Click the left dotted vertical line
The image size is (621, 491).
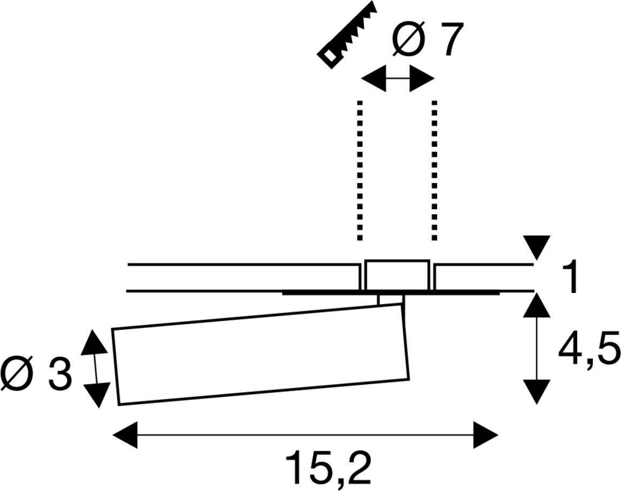pyautogui.click(x=359, y=170)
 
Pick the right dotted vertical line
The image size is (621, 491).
pyautogui.click(x=435, y=170)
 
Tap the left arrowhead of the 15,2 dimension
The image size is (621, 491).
pyautogui.click(x=125, y=435)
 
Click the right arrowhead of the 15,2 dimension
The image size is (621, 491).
pyautogui.click(x=485, y=435)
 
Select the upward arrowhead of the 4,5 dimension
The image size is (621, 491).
pyautogui.click(x=537, y=305)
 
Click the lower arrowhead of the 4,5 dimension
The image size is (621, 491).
pyautogui.click(x=537, y=392)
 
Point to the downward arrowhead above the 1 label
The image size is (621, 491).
pyautogui.click(x=537, y=247)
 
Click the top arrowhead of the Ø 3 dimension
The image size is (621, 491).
pyautogui.click(x=94, y=342)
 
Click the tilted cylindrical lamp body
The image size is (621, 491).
pyautogui.click(x=261, y=354)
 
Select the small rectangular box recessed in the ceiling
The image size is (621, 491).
pyautogui.click(x=397, y=275)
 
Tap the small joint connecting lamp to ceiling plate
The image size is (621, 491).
pyautogui.click(x=391, y=300)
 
